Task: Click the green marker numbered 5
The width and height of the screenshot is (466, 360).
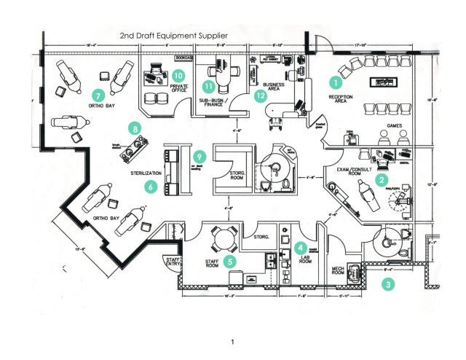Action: click(x=229, y=259)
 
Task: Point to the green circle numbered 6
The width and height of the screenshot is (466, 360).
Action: click(x=151, y=187)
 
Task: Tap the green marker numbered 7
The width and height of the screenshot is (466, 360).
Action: click(x=99, y=95)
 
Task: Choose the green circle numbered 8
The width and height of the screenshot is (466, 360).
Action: click(x=135, y=128)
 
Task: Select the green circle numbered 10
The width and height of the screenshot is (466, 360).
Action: click(x=179, y=74)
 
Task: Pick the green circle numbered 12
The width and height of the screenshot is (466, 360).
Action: click(x=261, y=95)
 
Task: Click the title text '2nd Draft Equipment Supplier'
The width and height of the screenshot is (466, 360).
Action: click(x=175, y=34)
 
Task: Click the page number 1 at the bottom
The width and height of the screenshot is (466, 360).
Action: click(x=232, y=342)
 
